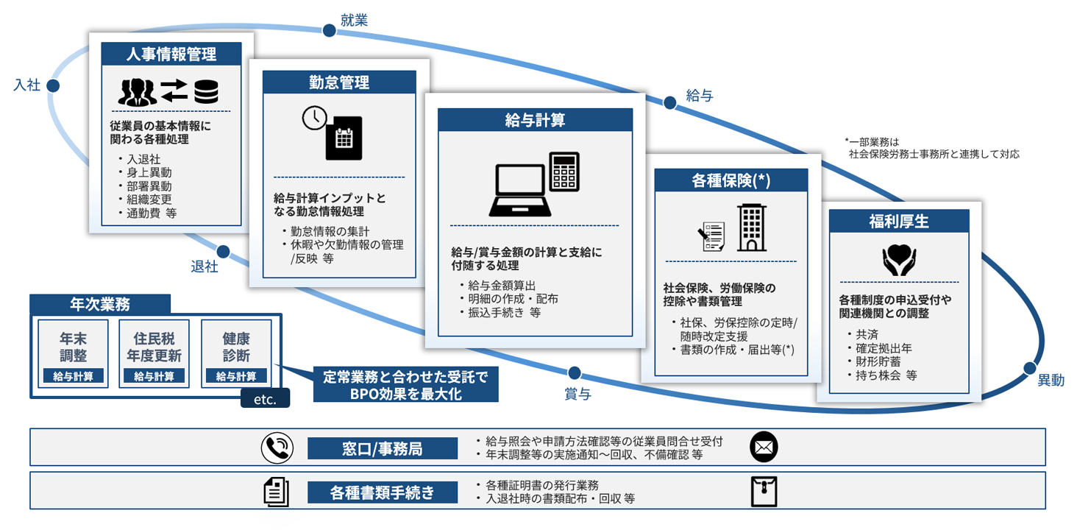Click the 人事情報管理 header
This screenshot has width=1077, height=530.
pos(171,54)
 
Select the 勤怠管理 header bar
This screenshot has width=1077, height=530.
pos(339,82)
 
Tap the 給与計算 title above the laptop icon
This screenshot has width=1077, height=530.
pos(535,120)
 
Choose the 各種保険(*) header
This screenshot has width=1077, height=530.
pos(731,180)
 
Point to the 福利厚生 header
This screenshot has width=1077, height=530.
pos(898,220)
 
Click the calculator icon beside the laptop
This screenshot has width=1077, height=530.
pos(564,171)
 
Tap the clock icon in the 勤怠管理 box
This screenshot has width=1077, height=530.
pos(315,119)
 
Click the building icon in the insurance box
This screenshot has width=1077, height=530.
pos(752,228)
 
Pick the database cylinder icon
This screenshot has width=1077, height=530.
pos(205,91)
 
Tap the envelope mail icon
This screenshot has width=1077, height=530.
pos(764,447)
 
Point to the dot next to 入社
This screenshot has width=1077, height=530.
pos(53,85)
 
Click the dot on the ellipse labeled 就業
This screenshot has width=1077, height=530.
pos(329,30)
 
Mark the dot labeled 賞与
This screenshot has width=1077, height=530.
pos(575,373)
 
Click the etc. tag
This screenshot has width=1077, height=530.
pos(265,400)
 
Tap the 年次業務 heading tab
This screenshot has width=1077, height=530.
pos(100,303)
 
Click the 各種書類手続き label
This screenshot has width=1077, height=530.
pos(382,492)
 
